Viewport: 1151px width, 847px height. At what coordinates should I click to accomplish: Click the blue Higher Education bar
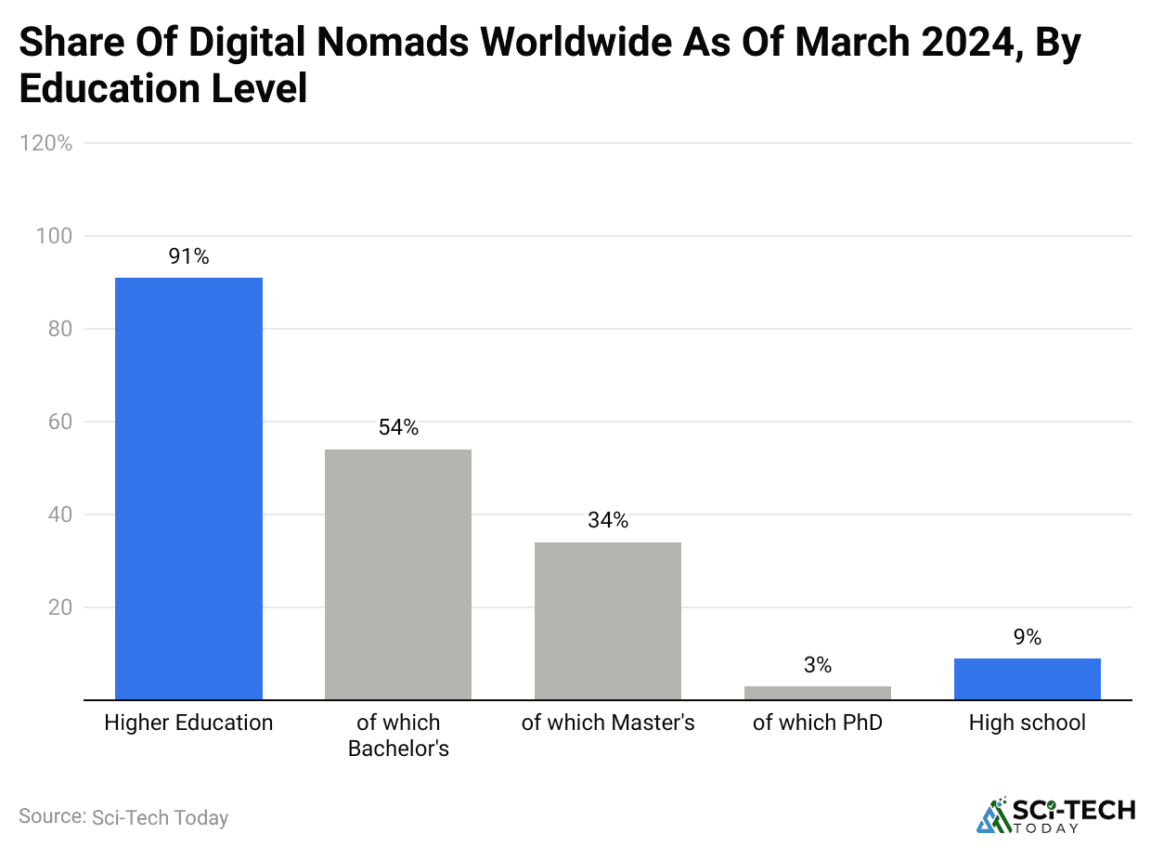(x=188, y=489)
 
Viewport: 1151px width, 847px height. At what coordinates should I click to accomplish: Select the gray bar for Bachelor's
(x=398, y=574)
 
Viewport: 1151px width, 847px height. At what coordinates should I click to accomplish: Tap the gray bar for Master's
(x=608, y=620)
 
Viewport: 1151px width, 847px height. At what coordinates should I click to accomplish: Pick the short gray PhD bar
(x=818, y=693)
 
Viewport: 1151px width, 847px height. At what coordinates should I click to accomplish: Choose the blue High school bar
(x=1028, y=679)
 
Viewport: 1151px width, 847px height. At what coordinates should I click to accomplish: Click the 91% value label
(x=188, y=257)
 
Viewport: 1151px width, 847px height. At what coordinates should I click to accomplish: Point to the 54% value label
(x=398, y=428)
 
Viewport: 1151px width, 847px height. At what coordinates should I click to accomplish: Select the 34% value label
(x=608, y=521)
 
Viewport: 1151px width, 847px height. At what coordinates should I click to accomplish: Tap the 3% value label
(x=818, y=665)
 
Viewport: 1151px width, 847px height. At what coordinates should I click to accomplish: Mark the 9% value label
(x=1028, y=637)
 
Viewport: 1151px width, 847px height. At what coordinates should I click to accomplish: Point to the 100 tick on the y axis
(x=54, y=236)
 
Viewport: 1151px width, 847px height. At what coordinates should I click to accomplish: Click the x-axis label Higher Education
(x=188, y=723)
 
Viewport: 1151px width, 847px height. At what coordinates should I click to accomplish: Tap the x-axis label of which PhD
(x=818, y=723)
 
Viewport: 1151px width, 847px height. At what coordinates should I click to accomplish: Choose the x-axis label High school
(x=1028, y=723)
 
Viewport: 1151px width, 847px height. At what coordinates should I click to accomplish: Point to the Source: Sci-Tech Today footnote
(x=123, y=817)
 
